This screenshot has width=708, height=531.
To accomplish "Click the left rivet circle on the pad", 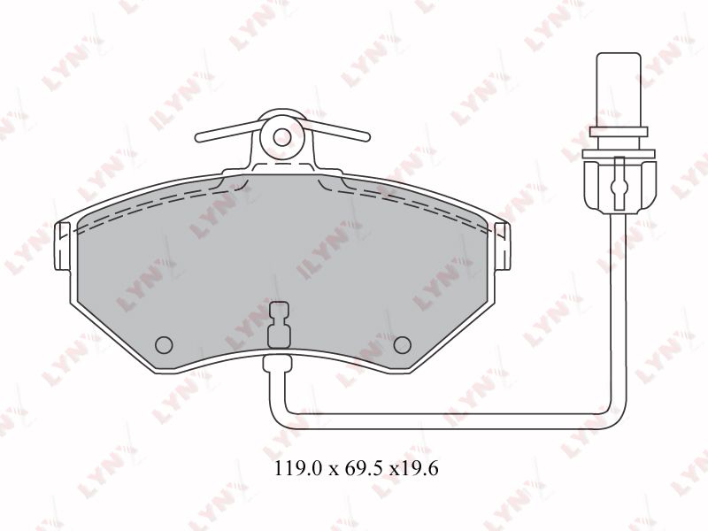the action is (164, 345).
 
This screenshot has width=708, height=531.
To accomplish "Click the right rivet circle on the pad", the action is (402, 345).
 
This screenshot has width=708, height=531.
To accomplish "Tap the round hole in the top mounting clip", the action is (282, 136).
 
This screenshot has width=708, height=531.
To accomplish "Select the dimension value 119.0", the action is (299, 469).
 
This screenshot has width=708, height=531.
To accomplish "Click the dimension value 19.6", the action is (419, 469).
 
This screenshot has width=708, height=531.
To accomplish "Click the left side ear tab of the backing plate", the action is (62, 247).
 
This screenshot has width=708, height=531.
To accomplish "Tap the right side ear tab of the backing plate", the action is (503, 247).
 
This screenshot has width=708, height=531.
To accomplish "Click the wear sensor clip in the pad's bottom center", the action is (279, 324).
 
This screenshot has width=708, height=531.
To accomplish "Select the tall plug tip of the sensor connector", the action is (619, 90).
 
